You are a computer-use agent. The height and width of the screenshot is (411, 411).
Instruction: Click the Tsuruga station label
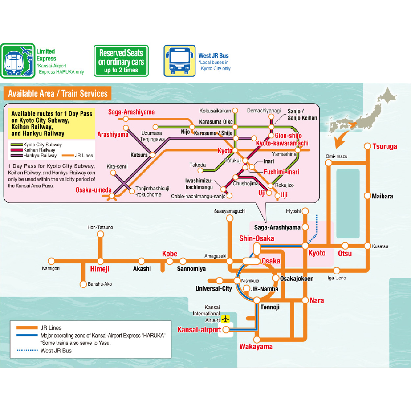pos(384,147)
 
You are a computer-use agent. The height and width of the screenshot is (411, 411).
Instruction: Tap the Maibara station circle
pos(367,196)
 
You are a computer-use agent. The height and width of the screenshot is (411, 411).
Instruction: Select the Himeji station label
pos(100,269)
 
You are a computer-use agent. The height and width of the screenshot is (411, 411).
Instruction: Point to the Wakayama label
pos(256,347)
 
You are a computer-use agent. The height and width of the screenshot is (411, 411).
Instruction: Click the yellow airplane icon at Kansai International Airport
pos(225,319)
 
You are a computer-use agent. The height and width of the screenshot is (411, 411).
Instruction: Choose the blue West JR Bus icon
pos(180,61)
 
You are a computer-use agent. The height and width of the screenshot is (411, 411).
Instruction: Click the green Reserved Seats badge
pos(121,61)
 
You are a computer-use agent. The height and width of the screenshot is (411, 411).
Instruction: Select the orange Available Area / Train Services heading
pos(58,94)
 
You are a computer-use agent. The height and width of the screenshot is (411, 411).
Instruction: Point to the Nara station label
pos(317,301)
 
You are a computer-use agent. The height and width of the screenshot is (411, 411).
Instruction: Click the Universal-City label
pos(214,289)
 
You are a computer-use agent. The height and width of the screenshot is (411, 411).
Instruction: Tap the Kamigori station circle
pos(51,261)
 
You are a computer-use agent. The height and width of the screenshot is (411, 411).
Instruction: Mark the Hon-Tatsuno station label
pos(100,227)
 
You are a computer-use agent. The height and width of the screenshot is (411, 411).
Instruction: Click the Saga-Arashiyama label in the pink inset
pos(132,112)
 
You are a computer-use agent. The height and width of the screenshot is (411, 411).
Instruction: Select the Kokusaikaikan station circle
pos(235,111)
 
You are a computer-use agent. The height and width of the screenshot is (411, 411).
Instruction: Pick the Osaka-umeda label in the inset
pos(93,190)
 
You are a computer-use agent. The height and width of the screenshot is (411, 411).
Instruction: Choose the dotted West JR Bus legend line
pos(27,351)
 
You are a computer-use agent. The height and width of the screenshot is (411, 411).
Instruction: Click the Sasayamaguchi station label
pos(230,211)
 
